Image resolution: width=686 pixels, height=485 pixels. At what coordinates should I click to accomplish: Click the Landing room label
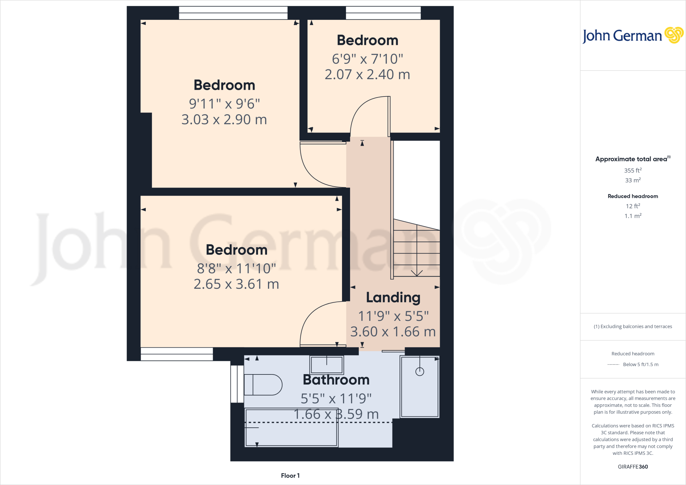tap(393, 297)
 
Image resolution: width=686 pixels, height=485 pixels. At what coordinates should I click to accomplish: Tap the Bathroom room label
tap(336, 380)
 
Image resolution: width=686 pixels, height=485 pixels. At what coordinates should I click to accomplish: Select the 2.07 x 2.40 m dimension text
tap(367, 74)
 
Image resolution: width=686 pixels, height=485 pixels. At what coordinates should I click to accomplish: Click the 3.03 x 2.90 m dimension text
tap(224, 120)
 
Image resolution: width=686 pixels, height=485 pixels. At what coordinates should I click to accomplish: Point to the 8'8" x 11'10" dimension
tap(236, 268)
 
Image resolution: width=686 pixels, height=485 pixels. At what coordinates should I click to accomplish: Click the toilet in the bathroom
tap(263, 385)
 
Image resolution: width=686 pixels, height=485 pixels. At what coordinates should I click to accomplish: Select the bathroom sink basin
tap(327, 364)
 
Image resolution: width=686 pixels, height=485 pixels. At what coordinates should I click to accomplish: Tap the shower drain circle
tap(419, 371)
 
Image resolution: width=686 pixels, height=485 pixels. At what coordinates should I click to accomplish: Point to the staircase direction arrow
tap(416, 273)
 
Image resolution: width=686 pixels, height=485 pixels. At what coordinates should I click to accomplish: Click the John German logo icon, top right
tap(674, 35)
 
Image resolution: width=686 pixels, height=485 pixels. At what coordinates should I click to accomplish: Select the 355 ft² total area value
tap(633, 170)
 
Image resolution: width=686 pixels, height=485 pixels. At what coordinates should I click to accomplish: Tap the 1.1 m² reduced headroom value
tap(633, 216)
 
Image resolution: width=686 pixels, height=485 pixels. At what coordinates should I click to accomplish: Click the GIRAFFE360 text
tap(633, 467)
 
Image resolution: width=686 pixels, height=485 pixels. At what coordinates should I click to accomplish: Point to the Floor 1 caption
tap(290, 476)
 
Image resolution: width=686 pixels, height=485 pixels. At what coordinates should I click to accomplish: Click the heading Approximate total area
tap(632, 159)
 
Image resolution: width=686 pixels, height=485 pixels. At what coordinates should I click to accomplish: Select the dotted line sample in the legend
tap(613, 364)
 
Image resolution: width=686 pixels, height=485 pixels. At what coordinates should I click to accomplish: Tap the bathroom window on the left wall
tap(237, 384)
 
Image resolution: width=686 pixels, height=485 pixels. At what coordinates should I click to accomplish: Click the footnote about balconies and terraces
tap(633, 327)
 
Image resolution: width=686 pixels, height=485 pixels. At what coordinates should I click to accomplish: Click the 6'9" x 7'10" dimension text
tap(367, 59)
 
